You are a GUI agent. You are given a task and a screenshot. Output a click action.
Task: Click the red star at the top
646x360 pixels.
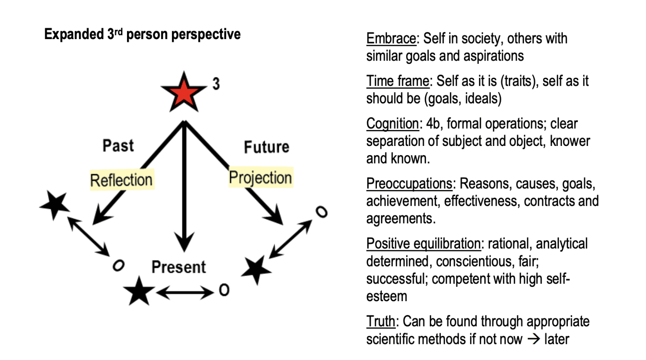[x=184, y=92]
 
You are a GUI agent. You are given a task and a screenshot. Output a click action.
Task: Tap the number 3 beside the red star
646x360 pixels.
[x=216, y=84]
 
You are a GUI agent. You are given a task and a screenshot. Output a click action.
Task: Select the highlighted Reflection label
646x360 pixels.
[x=122, y=180]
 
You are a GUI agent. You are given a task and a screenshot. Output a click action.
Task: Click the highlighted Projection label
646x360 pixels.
[x=260, y=177]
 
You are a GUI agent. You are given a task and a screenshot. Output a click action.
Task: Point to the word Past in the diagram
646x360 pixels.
[x=118, y=146]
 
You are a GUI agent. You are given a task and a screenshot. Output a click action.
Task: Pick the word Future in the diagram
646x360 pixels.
[x=267, y=147]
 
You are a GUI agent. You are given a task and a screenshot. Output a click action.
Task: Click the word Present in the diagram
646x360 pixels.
[x=179, y=267]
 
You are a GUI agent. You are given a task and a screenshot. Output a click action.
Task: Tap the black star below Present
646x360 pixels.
[x=139, y=291]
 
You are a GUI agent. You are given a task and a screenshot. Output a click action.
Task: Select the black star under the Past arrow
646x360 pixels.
[x=55, y=205]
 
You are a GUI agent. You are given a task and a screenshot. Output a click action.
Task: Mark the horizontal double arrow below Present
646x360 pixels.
[x=185, y=292]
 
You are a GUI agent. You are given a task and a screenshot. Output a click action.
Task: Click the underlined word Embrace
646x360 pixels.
[x=391, y=39]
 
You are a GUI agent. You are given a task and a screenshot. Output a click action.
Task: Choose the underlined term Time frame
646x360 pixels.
[x=398, y=81]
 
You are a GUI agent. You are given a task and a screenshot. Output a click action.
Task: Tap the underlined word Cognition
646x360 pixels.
[x=392, y=124]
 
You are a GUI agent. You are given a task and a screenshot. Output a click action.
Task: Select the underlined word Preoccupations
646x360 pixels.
[x=409, y=184]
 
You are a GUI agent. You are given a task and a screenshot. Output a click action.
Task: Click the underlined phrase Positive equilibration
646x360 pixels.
[x=424, y=244]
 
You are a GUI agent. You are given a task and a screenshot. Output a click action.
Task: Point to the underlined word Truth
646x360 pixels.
[x=381, y=321]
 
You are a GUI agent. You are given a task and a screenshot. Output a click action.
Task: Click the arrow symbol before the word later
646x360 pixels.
[x=533, y=339]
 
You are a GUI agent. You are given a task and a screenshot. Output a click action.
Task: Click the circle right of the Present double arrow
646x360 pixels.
[x=224, y=290]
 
